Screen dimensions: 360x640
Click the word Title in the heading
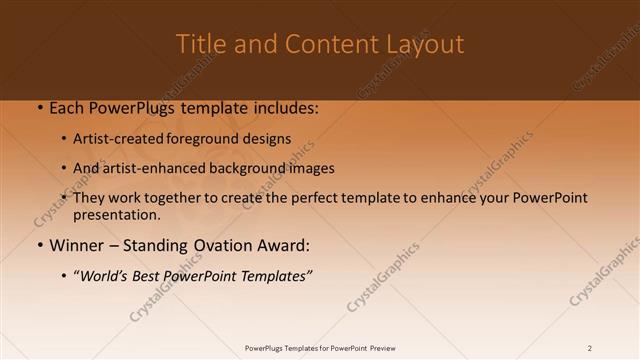[200, 45]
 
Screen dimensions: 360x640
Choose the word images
[309, 168]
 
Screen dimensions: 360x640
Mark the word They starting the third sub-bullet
[90, 198]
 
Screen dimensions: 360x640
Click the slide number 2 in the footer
[590, 348]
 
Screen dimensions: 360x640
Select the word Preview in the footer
[379, 348]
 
